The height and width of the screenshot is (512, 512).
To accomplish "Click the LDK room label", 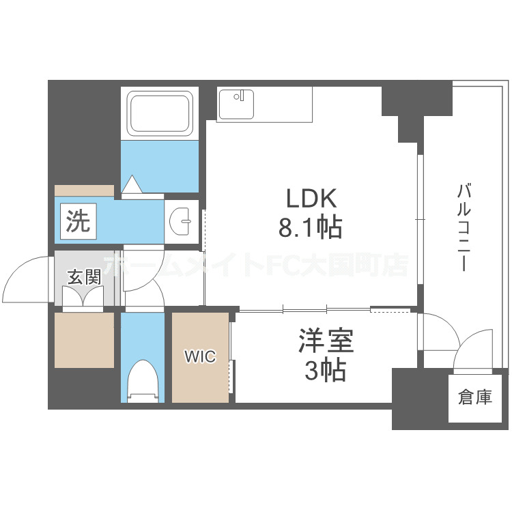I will tap(310, 199).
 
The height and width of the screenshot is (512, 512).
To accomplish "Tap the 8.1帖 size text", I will tap(310, 227).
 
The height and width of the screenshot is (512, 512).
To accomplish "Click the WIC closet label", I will tap(200, 356).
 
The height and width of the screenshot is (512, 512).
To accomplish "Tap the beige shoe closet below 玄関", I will tap(84, 340).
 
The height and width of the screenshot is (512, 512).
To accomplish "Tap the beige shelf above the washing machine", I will tap(84, 190).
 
